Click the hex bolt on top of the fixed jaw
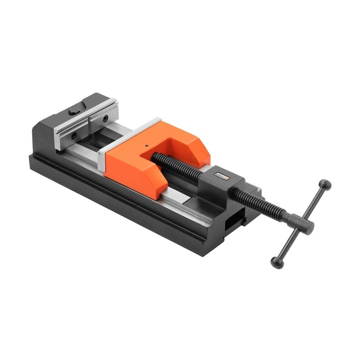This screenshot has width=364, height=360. point(74,111)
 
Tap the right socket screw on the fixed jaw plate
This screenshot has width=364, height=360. point(106,118)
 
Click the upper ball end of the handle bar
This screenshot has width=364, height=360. point(324,185)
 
